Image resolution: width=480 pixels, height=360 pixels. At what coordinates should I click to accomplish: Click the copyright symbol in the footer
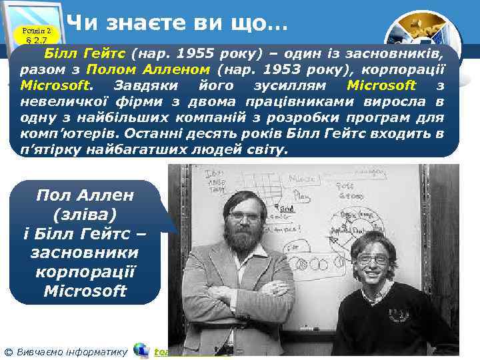point(7,351)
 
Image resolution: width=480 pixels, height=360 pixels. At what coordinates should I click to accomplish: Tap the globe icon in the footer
point(141,350)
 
